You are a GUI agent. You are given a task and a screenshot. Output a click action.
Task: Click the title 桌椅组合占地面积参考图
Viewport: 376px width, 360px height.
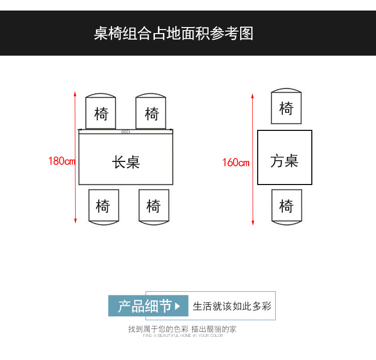click(173, 34)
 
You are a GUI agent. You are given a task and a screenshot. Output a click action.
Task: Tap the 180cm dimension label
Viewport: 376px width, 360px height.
click(62, 161)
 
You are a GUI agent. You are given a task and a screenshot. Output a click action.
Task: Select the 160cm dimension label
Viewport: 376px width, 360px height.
click(236, 162)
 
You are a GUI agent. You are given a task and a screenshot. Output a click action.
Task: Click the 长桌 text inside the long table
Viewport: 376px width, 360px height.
click(126, 162)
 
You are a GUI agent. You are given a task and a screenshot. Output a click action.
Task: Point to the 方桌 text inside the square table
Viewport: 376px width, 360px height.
click(284, 161)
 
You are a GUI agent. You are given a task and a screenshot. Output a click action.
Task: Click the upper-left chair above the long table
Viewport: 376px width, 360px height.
click(101, 112)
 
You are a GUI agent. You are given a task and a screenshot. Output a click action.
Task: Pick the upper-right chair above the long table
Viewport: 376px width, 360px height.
click(151, 112)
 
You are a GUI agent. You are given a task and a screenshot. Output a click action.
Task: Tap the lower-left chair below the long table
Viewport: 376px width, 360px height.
click(103, 206)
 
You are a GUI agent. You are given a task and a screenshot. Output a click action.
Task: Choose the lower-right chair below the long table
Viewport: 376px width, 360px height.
click(153, 206)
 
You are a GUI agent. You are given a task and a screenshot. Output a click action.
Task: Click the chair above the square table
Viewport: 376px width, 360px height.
click(286, 107)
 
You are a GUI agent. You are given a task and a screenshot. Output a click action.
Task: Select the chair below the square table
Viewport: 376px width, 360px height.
click(286, 206)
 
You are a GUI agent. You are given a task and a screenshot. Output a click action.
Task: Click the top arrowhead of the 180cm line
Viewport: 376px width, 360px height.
click(75, 94)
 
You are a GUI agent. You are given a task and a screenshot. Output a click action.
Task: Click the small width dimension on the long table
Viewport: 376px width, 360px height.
click(126, 132)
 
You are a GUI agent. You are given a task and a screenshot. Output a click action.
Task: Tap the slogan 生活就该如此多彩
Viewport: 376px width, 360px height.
click(232, 306)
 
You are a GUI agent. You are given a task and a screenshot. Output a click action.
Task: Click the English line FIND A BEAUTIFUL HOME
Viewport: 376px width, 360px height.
click(182, 335)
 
